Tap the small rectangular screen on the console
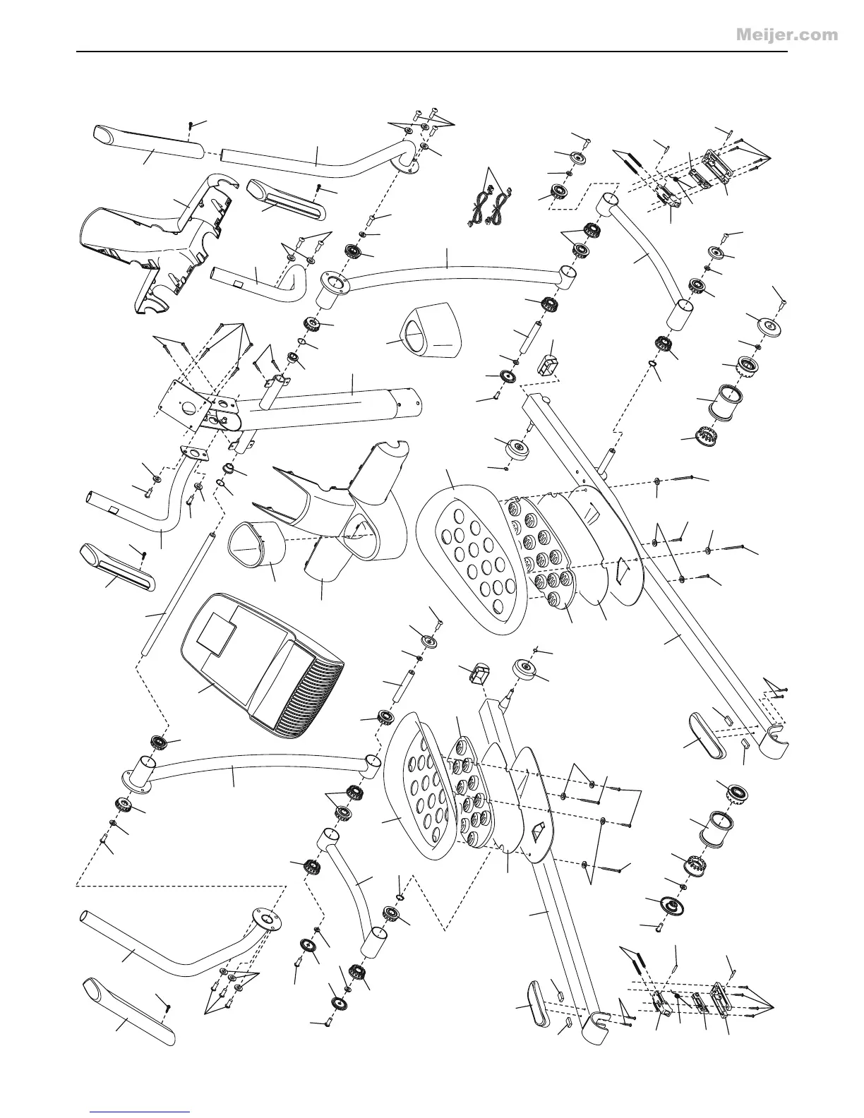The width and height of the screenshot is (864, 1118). [218, 630]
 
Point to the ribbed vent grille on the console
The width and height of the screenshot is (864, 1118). [311, 699]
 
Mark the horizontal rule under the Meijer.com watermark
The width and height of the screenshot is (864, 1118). [431, 52]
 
